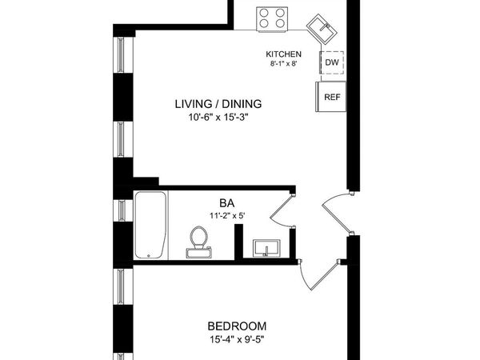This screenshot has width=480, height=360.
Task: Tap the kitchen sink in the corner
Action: tap(326, 29)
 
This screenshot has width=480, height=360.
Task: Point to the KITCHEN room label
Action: tap(284, 54)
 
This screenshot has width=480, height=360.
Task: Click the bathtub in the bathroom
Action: tap(150, 225)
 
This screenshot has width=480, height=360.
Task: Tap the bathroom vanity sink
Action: tap(266, 249)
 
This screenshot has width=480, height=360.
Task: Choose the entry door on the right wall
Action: tap(336, 212)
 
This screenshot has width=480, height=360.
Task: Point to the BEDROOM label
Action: tap(237, 326)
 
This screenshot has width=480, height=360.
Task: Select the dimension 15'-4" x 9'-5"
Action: tap(237, 341)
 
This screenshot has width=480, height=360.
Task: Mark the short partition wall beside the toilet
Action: tap(238, 242)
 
